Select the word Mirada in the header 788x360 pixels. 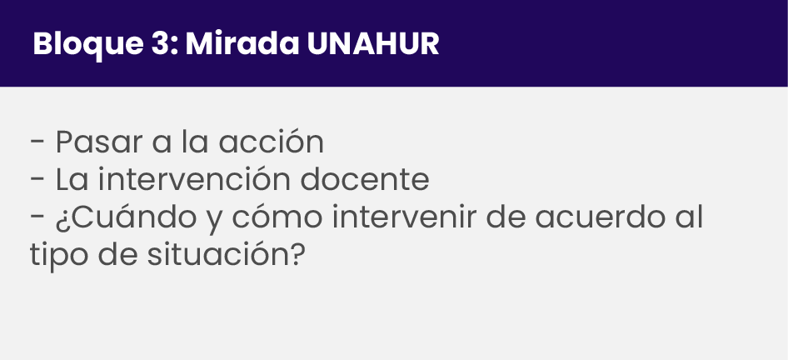(x=242, y=43)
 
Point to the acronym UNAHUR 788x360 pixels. (x=373, y=43)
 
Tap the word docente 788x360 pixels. (x=365, y=179)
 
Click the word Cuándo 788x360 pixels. (x=132, y=217)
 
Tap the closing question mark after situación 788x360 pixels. (x=298, y=254)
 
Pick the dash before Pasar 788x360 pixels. (x=38, y=142)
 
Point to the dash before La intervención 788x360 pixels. (x=38, y=181)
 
